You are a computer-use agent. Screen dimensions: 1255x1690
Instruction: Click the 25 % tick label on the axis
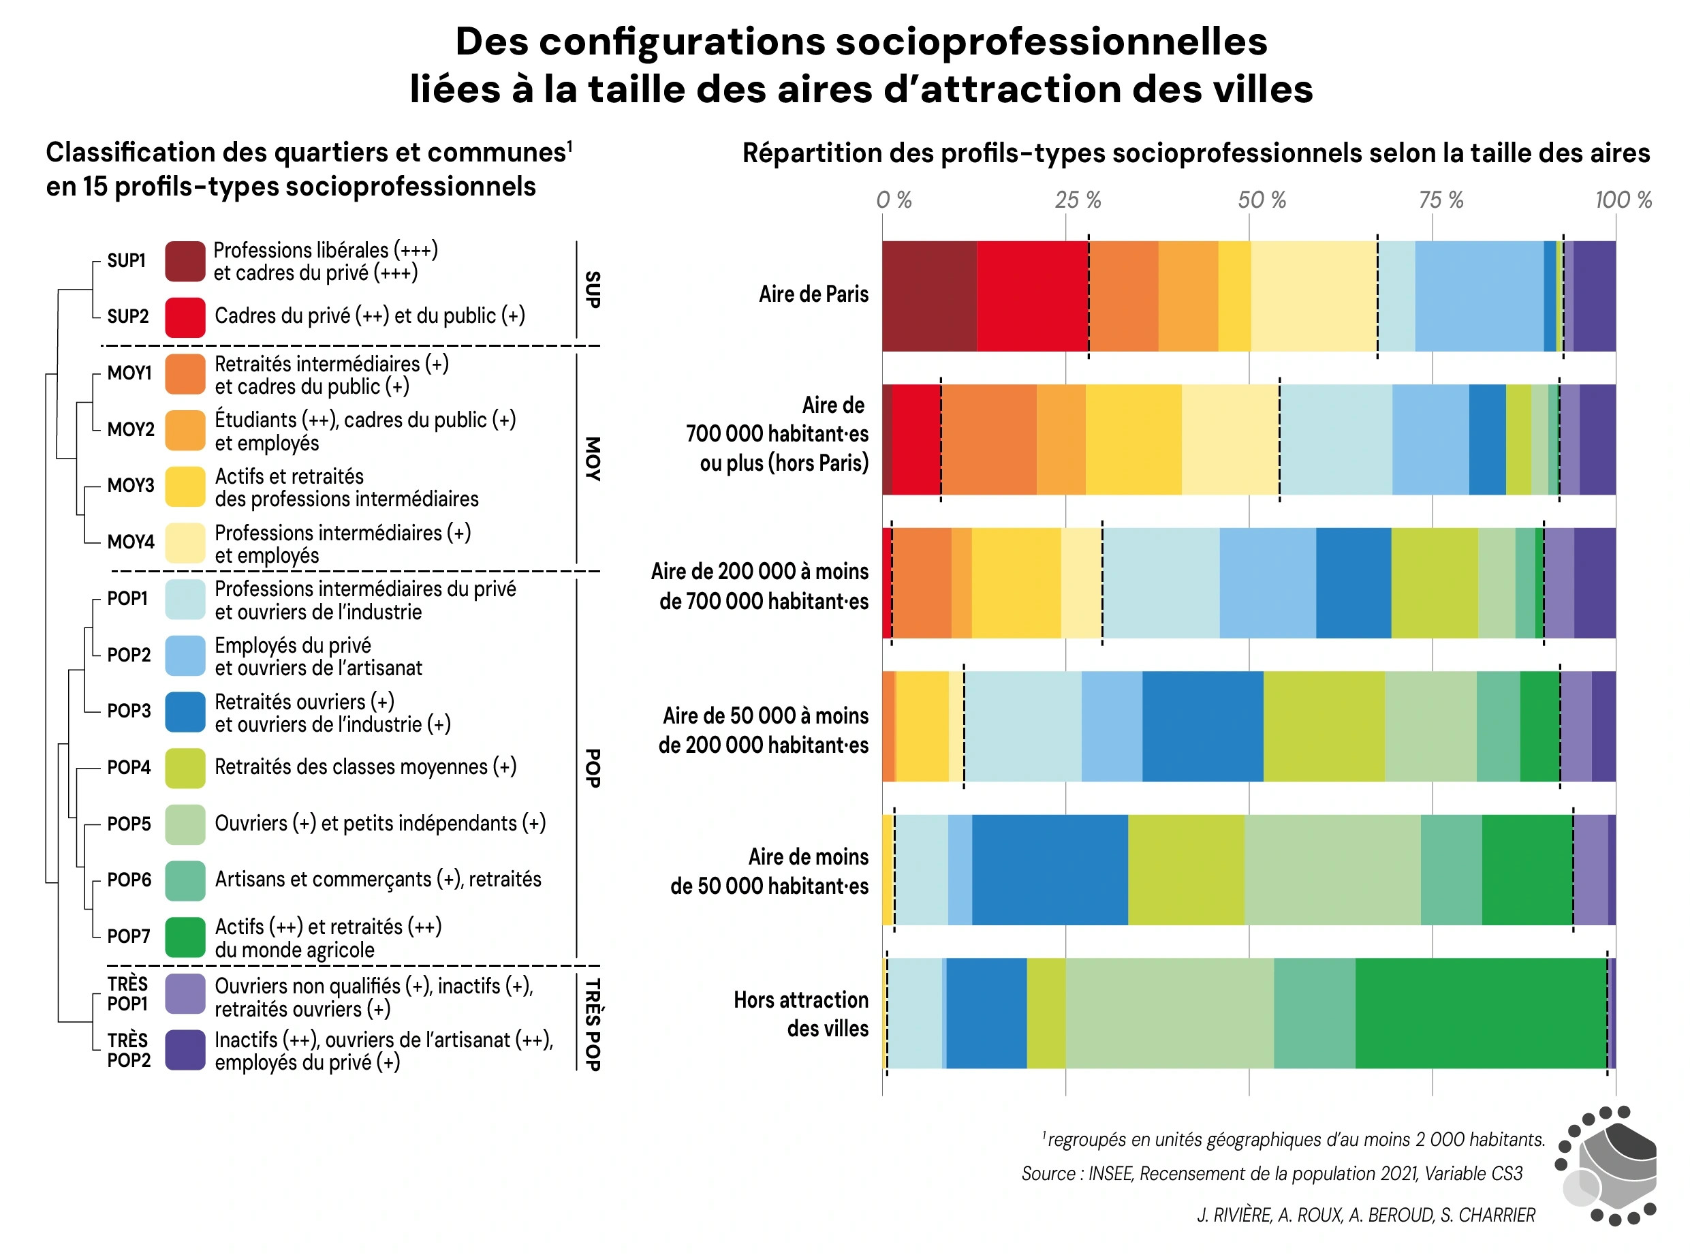(1077, 200)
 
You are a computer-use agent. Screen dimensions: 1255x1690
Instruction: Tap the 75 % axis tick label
(1441, 200)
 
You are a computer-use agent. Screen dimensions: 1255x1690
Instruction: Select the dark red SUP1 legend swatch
(185, 262)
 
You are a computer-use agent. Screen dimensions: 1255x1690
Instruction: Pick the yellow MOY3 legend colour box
(185, 486)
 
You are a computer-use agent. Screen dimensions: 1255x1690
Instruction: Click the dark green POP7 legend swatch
(185, 937)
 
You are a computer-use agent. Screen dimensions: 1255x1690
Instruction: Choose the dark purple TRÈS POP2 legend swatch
(185, 1049)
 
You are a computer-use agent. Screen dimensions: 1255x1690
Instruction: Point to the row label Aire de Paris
(813, 294)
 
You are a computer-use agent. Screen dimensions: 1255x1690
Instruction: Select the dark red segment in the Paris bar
(928, 296)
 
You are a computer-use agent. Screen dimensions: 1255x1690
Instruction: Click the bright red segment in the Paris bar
(1031, 296)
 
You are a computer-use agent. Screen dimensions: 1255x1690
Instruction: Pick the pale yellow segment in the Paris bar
(1313, 296)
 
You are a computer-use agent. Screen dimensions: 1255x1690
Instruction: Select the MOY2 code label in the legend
(130, 429)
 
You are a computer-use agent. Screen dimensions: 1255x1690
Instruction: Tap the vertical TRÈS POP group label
(593, 1023)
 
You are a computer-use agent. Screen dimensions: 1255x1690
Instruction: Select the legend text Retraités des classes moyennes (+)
(365, 766)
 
